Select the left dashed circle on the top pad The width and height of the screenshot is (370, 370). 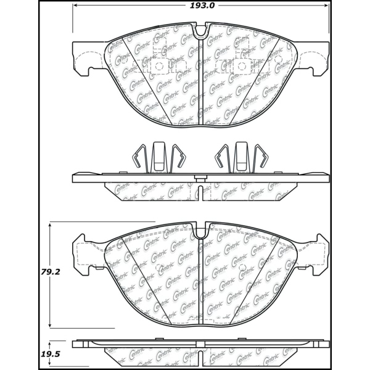(x=158, y=67)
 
